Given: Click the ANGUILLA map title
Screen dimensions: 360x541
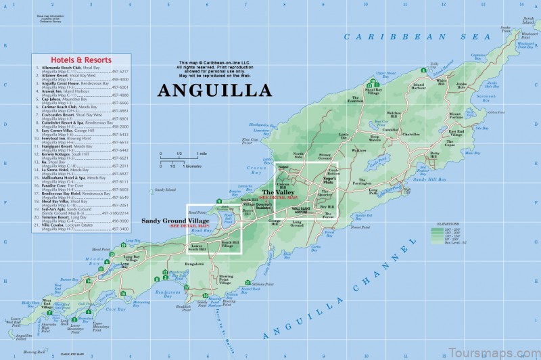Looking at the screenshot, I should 214,90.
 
